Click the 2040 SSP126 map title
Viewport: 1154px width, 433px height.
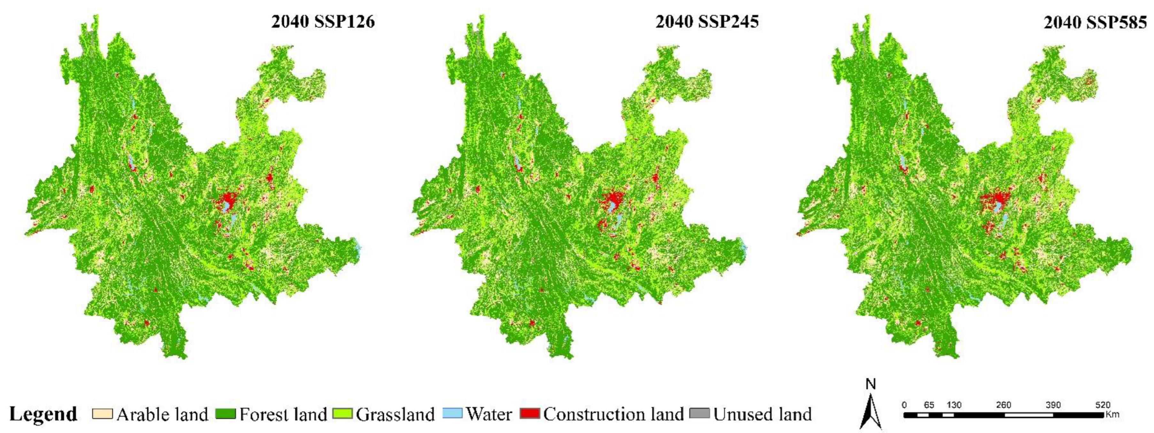coord(323,21)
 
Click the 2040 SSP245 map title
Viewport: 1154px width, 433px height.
coord(707,21)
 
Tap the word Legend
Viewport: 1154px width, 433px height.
coord(43,414)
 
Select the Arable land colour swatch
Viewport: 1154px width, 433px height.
coord(102,413)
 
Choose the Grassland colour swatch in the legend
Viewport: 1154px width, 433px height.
coord(342,413)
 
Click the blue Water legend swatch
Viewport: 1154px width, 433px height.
coord(452,413)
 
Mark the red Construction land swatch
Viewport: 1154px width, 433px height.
coord(530,413)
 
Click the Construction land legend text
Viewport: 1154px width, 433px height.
coord(613,414)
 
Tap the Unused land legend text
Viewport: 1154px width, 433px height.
coord(762,414)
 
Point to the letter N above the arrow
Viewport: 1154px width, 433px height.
coord(870,384)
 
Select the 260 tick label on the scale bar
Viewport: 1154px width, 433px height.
coord(1004,405)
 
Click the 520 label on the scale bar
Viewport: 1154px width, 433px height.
coord(1103,405)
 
